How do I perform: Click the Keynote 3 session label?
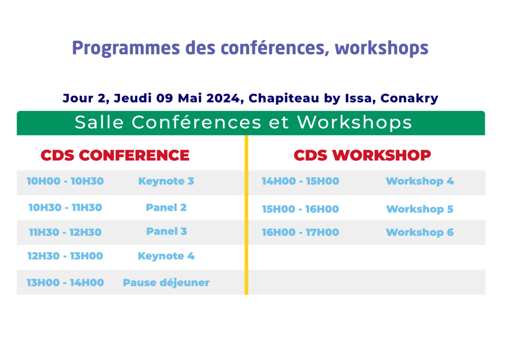[x=166, y=181]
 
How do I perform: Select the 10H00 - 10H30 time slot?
[x=65, y=181]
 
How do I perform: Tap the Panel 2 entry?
[x=166, y=207]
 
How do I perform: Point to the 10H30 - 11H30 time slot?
[x=65, y=207]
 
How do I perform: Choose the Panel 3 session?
[x=167, y=231]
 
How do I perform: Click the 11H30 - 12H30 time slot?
[x=65, y=232]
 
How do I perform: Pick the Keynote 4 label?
[x=166, y=256]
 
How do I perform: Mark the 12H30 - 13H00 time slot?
[x=65, y=256]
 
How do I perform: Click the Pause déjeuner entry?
[x=166, y=282]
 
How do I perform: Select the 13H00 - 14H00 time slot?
[x=65, y=282]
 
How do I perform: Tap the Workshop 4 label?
[x=420, y=181]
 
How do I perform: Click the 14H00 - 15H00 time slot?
[x=301, y=181]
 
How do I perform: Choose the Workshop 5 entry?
[x=420, y=209]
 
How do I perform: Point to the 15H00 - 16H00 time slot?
[x=301, y=209]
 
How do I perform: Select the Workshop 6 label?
[x=420, y=232]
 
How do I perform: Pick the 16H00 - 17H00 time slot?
[x=301, y=232]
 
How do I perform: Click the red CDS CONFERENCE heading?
[x=115, y=155]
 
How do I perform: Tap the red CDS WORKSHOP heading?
[x=362, y=155]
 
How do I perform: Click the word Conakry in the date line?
[x=410, y=98]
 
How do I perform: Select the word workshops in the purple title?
[x=381, y=48]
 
